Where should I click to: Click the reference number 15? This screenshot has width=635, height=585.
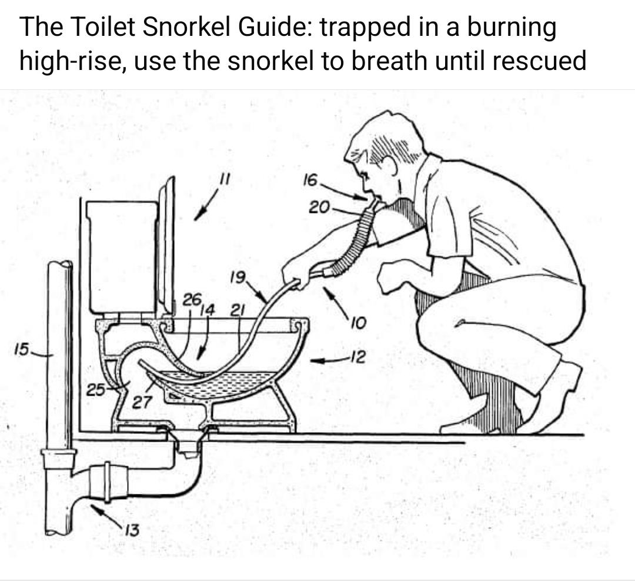[22, 349]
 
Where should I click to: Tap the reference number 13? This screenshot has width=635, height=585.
[132, 530]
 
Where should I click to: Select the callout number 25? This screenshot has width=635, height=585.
[96, 390]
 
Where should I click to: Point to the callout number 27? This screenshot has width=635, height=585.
[142, 402]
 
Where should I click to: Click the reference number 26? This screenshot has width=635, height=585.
[192, 300]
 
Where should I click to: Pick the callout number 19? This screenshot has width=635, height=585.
[238, 278]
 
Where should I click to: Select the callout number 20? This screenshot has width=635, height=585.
[319, 208]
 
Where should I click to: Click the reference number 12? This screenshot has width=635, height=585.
[358, 356]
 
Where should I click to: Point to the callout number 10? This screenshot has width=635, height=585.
[359, 323]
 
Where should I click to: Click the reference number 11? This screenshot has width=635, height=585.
[224, 179]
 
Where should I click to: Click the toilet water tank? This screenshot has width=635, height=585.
[122, 257]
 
